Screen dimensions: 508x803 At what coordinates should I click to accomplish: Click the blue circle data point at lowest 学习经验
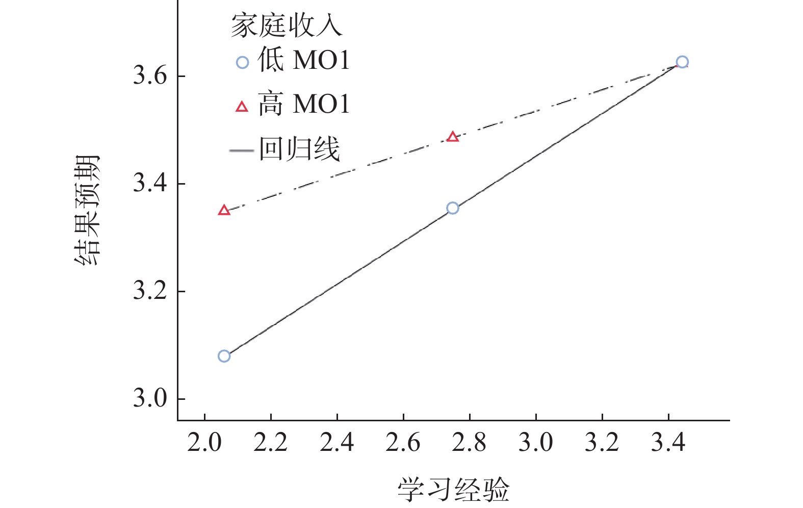coord(224,356)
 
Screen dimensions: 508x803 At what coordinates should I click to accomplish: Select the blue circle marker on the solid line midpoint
coord(452,208)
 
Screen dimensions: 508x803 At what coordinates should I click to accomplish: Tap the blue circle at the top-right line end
coord(682,62)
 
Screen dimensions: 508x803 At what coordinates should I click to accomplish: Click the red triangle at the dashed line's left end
coord(224,210)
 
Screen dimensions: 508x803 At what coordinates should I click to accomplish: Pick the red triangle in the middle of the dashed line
coord(452,137)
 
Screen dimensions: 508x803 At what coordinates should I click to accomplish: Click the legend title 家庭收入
coord(287,26)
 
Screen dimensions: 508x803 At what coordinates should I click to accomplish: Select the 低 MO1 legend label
coord(304,60)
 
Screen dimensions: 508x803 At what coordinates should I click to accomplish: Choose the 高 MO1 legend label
coord(304,105)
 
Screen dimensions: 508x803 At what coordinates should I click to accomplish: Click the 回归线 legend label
coord(299,149)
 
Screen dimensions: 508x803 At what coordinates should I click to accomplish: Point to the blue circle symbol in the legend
coord(242,62)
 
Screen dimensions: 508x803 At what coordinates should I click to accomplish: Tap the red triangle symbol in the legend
coord(242,107)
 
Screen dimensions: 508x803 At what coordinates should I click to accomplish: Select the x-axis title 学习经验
coord(453,489)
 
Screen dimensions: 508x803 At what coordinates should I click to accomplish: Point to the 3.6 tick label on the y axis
coord(150,76)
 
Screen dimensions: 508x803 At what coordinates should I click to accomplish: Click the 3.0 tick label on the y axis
coord(150,398)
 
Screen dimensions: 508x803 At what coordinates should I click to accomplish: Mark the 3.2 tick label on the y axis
coord(150,291)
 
